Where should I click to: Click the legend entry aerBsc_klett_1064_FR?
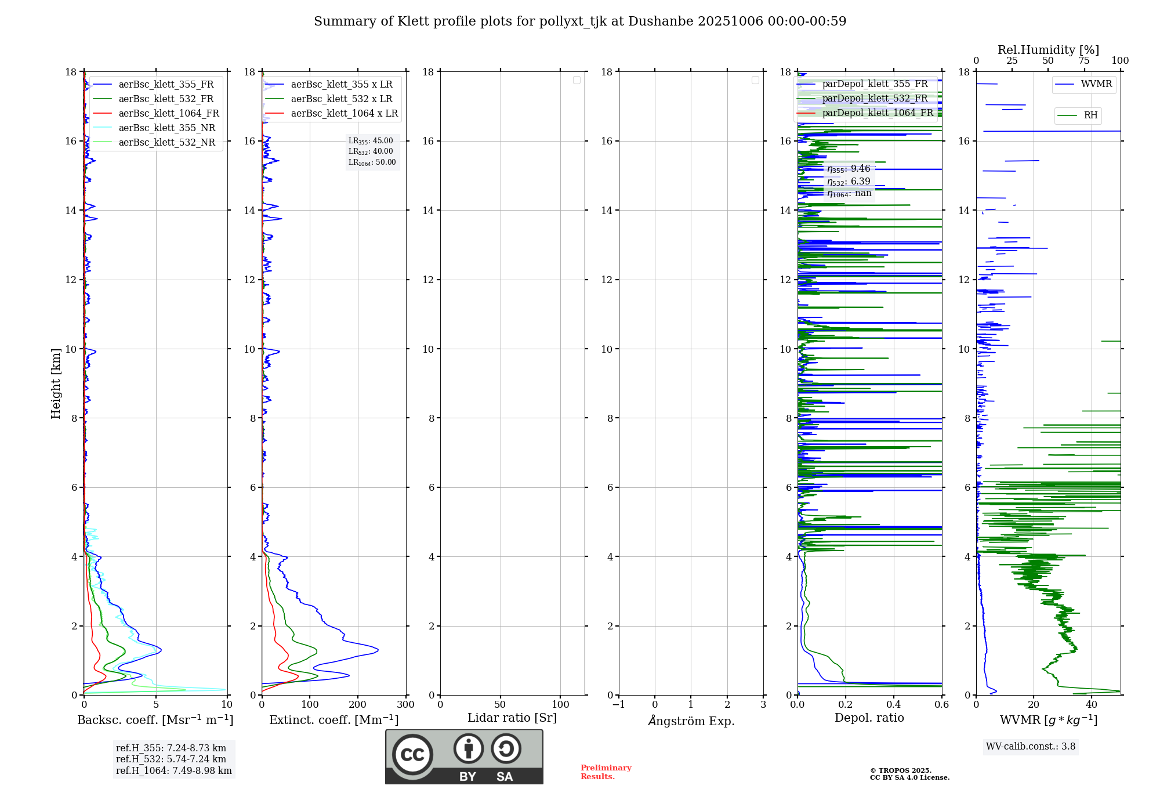pyautogui.click(x=168, y=114)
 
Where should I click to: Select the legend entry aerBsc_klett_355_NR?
pyautogui.click(x=166, y=128)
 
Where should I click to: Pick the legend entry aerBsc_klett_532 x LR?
pyautogui.click(x=341, y=99)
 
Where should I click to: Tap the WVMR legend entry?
pyautogui.click(x=1096, y=84)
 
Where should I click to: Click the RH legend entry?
pyautogui.click(x=1090, y=115)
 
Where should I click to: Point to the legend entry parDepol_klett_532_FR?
pyautogui.click(x=875, y=99)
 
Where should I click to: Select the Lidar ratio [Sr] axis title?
pyautogui.click(x=512, y=718)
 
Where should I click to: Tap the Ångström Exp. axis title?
pyautogui.click(x=691, y=721)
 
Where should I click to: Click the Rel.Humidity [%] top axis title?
pyautogui.click(x=1048, y=50)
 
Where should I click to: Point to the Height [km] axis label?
pyautogui.click(x=56, y=383)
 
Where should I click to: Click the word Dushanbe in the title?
pyautogui.click(x=661, y=21)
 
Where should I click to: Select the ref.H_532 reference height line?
pyautogui.click(x=171, y=759)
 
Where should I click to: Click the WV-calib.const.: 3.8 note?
pyautogui.click(x=1031, y=747)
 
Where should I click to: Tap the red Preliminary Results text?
pyautogui.click(x=606, y=772)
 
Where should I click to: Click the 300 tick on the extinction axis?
pyautogui.click(x=405, y=705)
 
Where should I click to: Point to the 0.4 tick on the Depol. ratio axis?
pyautogui.click(x=894, y=705)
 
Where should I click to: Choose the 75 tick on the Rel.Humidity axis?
pyautogui.click(x=1083, y=61)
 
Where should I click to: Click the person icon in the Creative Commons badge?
pyautogui.click(x=468, y=749)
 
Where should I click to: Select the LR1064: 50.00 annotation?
pyautogui.click(x=372, y=162)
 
